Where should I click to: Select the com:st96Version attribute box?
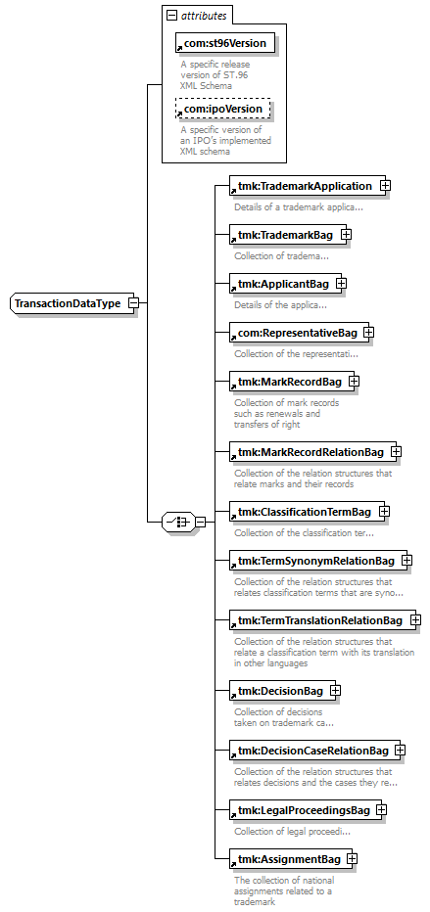[224, 43]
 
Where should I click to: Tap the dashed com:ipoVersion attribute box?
[223, 109]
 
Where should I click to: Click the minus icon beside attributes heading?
[171, 17]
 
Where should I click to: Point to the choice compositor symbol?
[178, 522]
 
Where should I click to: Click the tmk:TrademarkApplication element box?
[308, 186]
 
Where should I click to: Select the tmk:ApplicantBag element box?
[285, 284]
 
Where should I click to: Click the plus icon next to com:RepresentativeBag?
[368, 332]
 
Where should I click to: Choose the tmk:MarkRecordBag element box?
[292, 382]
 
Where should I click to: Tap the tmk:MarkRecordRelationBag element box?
[312, 452]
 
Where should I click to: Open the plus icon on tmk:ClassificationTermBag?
[384, 511]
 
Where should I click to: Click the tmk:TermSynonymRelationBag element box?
[317, 561]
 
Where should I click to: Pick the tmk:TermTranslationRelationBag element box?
[322, 620]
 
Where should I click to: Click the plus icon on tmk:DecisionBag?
[335, 691]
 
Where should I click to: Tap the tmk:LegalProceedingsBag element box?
[306, 810]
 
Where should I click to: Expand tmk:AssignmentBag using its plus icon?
[352, 858]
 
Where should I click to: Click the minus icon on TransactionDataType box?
[133, 303]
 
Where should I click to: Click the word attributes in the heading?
[204, 17]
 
